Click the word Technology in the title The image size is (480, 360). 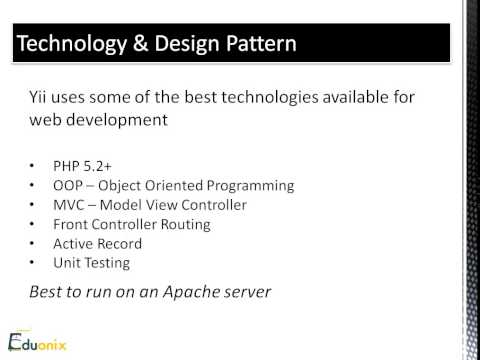coord(72,46)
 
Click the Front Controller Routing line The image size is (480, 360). coord(146,224)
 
